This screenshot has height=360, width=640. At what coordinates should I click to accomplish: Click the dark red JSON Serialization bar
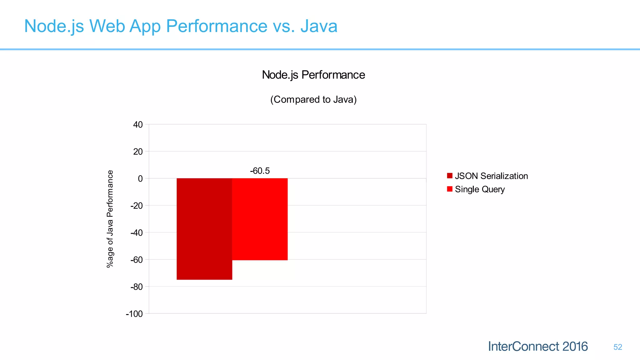coord(204,229)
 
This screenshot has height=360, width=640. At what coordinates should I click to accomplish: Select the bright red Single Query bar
coord(260,219)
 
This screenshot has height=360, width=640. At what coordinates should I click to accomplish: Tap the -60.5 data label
coord(260,171)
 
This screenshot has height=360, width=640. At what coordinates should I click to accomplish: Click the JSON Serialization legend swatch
coord(450,176)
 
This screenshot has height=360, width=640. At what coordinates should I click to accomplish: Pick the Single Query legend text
coord(480,189)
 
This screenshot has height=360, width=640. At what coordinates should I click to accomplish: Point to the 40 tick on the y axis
coord(138,125)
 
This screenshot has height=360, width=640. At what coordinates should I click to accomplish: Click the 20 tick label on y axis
coord(138,152)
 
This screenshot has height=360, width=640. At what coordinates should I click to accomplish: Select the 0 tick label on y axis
coord(140,179)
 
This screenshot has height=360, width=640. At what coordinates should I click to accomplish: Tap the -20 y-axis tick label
coord(137,206)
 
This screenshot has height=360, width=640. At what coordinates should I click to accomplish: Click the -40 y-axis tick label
coord(137,233)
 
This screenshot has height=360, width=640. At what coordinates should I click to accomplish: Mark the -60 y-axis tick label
coord(137,260)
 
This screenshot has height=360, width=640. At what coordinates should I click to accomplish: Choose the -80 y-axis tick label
coord(137,287)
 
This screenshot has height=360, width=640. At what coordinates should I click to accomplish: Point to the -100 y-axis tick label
coord(134,314)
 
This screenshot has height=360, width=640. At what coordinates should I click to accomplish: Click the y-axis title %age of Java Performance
coord(110,219)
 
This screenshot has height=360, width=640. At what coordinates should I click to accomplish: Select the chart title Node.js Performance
coord(313,75)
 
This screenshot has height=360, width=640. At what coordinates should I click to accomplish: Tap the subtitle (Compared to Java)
coord(313,99)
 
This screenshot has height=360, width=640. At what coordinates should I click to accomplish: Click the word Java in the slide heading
coord(319,26)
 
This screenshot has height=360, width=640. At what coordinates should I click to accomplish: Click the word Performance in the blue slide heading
coord(217,26)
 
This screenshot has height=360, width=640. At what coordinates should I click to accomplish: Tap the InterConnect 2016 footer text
coord(537,347)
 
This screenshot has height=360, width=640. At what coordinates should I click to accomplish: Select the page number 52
coord(617,347)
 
